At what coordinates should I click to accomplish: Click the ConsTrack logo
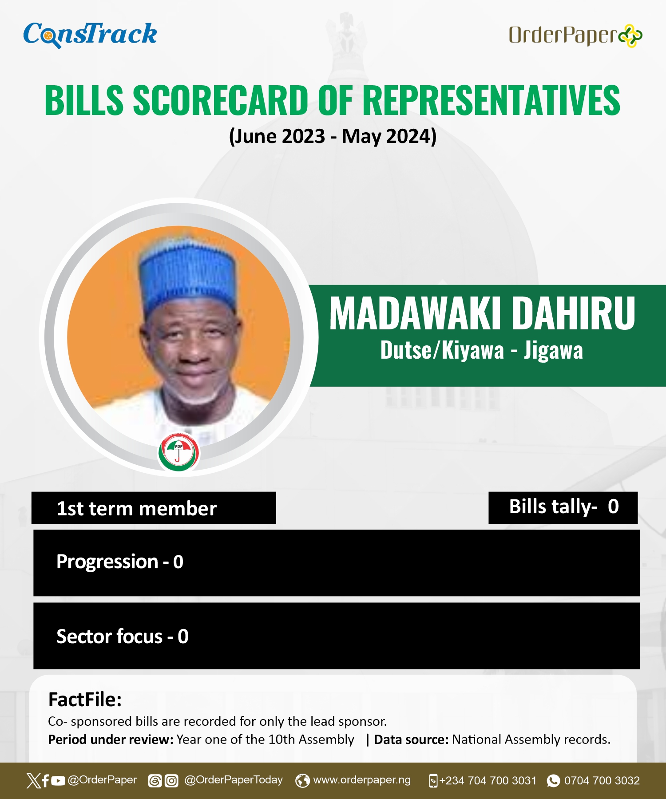coord(90,35)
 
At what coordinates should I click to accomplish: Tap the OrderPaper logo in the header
coord(575,36)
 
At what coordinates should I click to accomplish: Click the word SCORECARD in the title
coord(221,100)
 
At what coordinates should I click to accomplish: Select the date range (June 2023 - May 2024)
coord(333,136)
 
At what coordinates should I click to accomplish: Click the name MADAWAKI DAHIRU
coord(482,313)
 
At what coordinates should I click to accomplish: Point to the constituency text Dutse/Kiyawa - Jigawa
coord(482,350)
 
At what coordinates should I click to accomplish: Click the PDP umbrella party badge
coord(178,452)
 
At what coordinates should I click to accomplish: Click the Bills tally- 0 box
coord(563,507)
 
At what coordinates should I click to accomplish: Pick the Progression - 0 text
coord(120,562)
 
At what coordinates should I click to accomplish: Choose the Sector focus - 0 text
coord(123,637)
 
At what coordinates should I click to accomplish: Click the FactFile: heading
coord(85,700)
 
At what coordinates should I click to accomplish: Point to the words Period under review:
coord(111,740)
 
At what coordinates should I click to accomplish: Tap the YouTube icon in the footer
coord(58,781)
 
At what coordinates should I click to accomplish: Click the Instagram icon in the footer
coord(171,781)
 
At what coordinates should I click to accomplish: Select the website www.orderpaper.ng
coord(362,780)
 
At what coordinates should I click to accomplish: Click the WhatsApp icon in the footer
coord(553,781)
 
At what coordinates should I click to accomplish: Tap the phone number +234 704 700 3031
coord(488,781)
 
